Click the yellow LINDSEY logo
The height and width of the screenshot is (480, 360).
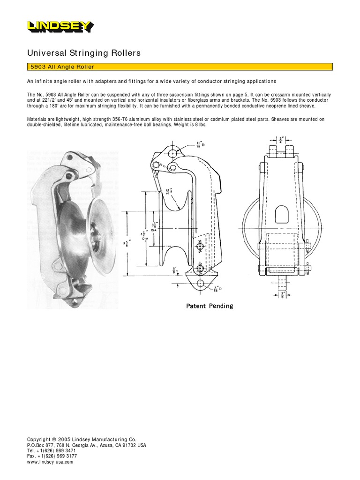60,27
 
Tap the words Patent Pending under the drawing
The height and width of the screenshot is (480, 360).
210,306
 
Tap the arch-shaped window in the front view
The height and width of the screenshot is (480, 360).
281,214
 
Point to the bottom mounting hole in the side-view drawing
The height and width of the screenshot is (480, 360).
201,283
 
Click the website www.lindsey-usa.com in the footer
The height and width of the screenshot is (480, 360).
50,462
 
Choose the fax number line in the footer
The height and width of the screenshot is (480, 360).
52,456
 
